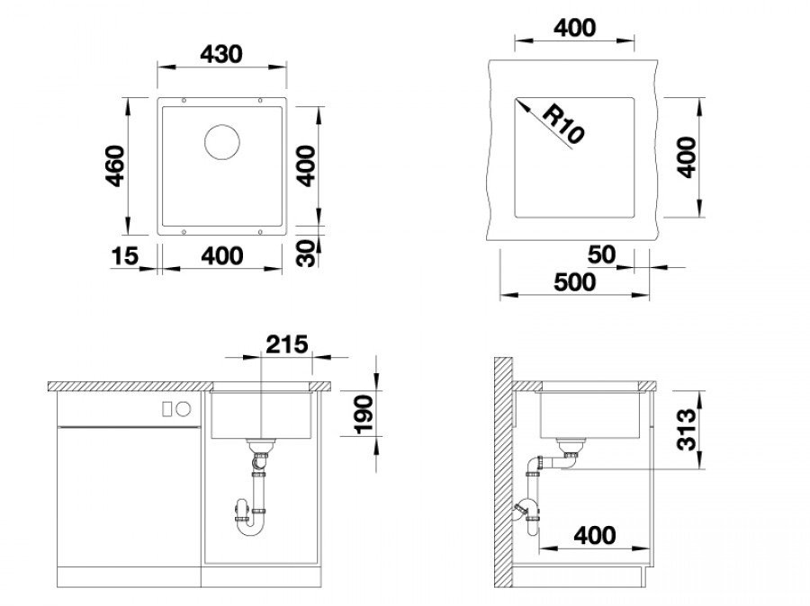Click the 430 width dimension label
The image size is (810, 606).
[221, 54]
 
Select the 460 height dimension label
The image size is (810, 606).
[114, 165]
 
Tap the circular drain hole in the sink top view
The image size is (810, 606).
[222, 141]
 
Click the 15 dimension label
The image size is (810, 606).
[125, 255]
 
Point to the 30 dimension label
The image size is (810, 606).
[307, 253]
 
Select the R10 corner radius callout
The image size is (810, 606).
[564, 124]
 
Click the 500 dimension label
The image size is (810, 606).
[574, 281]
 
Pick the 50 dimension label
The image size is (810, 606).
[602, 254]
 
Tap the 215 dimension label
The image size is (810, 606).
[287, 344]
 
